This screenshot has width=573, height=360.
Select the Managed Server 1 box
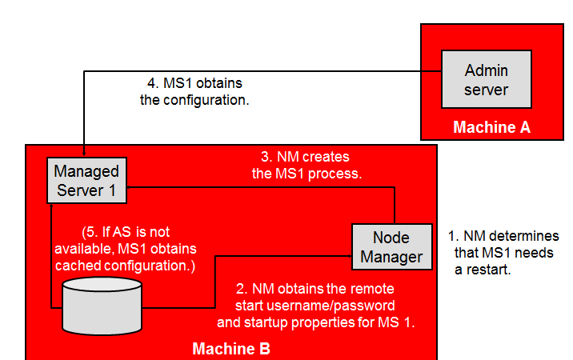(x=86, y=180)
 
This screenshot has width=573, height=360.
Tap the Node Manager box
(x=391, y=247)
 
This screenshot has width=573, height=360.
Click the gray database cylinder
(x=102, y=305)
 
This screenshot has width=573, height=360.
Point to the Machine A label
(x=491, y=127)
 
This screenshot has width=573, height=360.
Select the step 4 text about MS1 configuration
(x=193, y=92)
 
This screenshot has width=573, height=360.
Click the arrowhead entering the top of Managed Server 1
(x=84, y=153)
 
